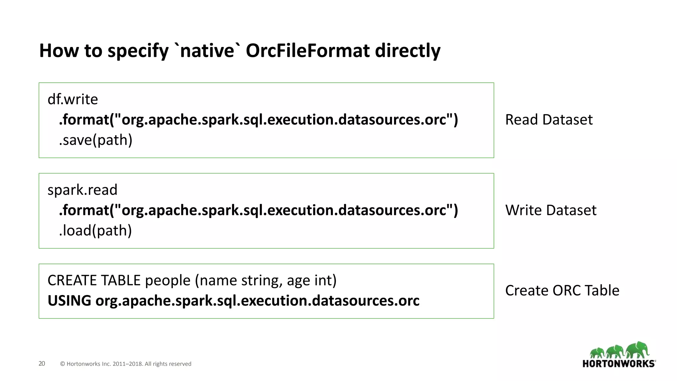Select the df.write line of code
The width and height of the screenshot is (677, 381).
tap(73, 99)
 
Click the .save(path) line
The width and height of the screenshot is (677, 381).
tap(96, 140)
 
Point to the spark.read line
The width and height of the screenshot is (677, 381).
tap(82, 190)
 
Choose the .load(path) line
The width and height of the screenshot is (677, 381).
tap(95, 231)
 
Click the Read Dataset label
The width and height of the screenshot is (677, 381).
tap(549, 120)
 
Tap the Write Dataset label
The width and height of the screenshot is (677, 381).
tap(551, 210)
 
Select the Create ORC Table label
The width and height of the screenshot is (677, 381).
tap(562, 291)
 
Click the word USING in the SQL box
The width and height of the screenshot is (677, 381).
tap(69, 301)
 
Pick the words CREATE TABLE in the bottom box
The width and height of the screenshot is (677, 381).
tap(94, 280)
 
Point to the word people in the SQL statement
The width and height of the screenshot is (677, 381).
tap(168, 280)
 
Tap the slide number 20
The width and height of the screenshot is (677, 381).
tap(42, 363)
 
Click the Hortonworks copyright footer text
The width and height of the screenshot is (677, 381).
tap(126, 364)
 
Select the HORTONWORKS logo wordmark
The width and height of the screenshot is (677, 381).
tap(618, 364)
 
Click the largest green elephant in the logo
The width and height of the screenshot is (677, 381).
tap(638, 350)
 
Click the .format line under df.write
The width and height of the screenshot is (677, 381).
tap(258, 120)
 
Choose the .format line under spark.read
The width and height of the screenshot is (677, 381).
tap(258, 210)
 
